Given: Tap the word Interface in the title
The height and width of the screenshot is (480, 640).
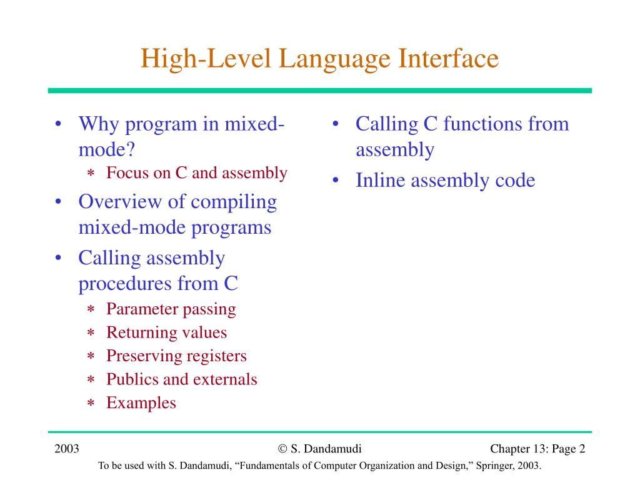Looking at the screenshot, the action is [x=449, y=58].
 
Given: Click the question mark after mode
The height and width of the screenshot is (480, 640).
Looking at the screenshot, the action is [x=130, y=149].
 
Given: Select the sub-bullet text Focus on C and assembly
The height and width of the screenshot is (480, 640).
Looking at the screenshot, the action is [x=197, y=173].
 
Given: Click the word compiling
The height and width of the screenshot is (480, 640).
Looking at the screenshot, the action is [x=234, y=203].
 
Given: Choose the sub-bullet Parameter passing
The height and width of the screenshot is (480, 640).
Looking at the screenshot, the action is [x=171, y=309].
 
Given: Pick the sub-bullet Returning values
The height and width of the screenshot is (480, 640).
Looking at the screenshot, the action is [x=166, y=332].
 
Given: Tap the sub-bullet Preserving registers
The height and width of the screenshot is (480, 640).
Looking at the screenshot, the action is [x=176, y=356].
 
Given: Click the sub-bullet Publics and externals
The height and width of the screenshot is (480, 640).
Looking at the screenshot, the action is [x=182, y=379].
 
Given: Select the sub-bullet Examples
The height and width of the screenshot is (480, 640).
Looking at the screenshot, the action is [x=141, y=403].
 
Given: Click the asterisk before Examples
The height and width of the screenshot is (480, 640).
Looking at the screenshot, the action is [x=91, y=403].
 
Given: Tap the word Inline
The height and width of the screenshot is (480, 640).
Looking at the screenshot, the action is [x=380, y=180].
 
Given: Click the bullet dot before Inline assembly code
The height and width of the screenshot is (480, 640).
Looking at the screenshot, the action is [x=336, y=180].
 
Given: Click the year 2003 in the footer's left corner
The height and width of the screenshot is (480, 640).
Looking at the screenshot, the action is [x=66, y=449].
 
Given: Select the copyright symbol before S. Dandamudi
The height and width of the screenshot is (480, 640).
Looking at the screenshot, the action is [x=282, y=449].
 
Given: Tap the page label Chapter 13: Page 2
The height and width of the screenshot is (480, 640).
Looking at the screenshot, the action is [x=537, y=449].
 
